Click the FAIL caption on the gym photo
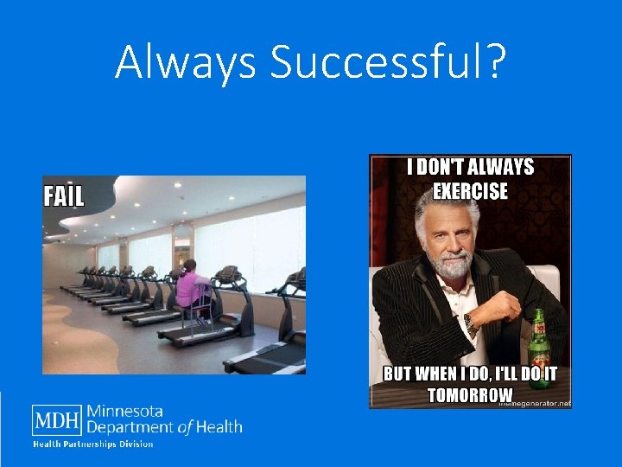pos(64,196)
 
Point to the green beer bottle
pos(540,346)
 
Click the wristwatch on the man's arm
pos(470,324)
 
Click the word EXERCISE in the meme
pos(470,191)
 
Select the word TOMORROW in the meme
pos(470,395)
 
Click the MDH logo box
pos(57,421)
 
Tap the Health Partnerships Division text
pos(93,445)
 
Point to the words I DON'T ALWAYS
pos(470,168)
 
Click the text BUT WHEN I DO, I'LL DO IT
pos(470,374)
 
